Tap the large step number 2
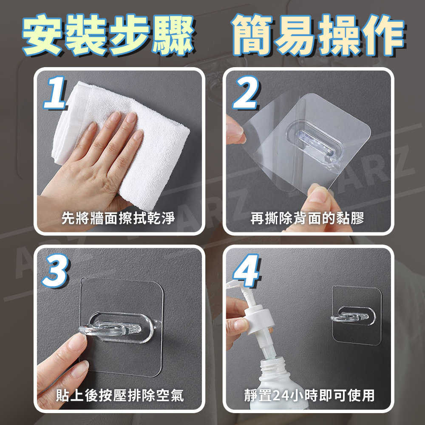[x=246, y=92]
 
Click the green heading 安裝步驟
[x=108, y=35]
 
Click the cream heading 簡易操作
[x=317, y=35]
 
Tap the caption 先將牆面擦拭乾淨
[x=118, y=218]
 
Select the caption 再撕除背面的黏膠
[x=307, y=218]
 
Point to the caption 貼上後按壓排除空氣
[x=120, y=395]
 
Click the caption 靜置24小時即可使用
[x=309, y=395]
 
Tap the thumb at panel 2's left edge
[x=235, y=130]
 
